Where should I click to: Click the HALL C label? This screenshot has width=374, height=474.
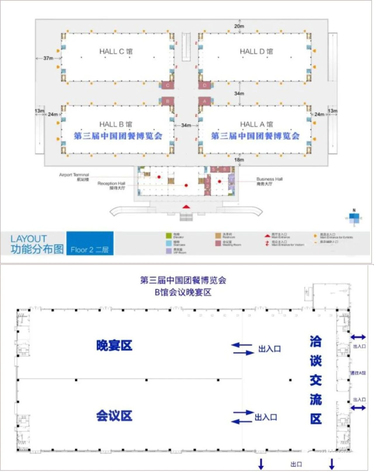pos(116,52)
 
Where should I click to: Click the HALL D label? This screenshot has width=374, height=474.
pos(256,52)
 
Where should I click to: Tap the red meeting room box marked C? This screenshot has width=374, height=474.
pos(168,85)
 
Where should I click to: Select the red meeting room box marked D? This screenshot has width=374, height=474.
pos(205,85)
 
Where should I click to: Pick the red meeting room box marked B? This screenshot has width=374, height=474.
pos(168,101)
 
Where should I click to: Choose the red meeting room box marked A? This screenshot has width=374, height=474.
pos(205,101)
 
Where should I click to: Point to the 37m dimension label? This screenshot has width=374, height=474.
pos(48,58)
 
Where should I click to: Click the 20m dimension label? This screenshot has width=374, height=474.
pos(239,26)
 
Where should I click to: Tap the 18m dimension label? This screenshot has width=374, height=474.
pos(239,160)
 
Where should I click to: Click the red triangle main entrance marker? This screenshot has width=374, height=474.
pos(186,207)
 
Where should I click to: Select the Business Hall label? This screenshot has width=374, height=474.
pos(269,181)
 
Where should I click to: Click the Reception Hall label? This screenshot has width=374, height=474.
pos(111,185)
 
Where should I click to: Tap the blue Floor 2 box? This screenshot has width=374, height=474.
pos(90,243)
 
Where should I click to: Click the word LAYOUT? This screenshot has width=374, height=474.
pos(29,239)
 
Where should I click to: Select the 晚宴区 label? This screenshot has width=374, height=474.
pos(114,345)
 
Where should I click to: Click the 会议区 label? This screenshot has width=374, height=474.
pos(114,416)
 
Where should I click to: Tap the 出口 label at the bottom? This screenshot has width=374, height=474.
pos(296,464)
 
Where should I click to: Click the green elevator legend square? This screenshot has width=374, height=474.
pos(169,236)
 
